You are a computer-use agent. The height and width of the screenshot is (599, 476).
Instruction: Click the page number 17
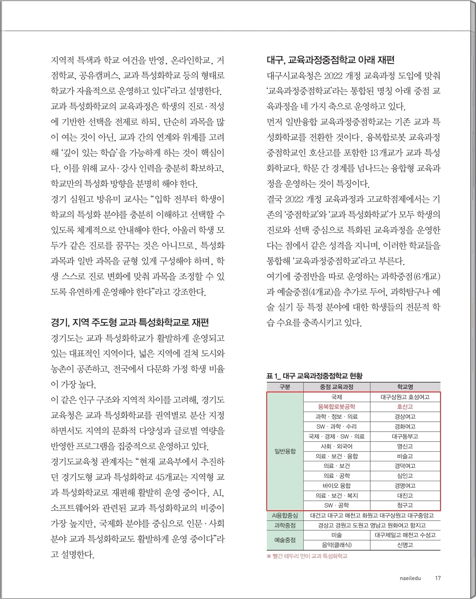coord(438,578)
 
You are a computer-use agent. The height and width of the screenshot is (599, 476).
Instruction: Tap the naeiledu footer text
coord(410,578)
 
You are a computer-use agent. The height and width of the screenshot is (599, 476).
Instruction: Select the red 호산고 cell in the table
coord(405,406)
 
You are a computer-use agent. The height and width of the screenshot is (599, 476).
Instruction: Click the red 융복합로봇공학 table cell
coord(336,406)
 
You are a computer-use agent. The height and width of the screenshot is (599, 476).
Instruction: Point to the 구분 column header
coord(285,387)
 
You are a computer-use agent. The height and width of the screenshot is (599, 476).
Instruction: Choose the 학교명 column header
coord(405,387)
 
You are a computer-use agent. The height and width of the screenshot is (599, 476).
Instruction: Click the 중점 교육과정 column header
coord(336,387)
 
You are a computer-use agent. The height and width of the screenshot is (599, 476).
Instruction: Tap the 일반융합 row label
coord(285,451)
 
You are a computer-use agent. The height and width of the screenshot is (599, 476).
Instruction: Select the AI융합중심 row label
coord(285,515)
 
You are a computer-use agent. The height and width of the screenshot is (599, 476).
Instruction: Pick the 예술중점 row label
coord(285,540)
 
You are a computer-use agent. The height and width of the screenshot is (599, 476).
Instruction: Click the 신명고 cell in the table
coord(405,545)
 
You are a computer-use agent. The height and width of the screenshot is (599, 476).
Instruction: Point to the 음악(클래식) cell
coord(336,545)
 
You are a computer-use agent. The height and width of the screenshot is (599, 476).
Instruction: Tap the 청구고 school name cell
coord(405,505)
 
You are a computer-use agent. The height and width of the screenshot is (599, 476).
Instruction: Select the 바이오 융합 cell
coord(336,485)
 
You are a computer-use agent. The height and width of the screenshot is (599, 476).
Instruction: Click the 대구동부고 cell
coord(405,436)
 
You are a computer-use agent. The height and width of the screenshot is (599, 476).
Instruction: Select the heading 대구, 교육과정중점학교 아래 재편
coord(330,60)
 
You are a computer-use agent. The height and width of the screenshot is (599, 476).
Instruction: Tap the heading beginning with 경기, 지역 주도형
coord(129,322)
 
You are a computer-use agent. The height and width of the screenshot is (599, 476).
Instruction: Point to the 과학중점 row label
coord(285,525)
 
